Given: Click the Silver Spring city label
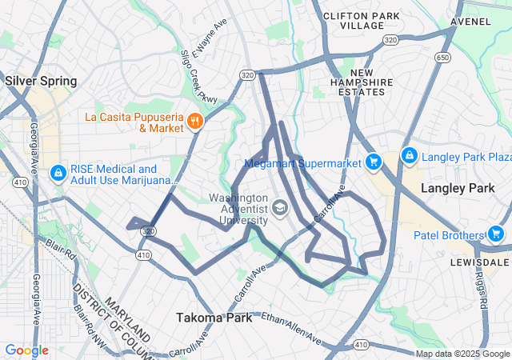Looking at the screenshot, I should (x=41, y=81).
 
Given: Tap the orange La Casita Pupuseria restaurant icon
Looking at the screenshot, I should (x=194, y=122).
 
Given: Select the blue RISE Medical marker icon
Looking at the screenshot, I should (x=58, y=173).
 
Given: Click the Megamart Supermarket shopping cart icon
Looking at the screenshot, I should (x=373, y=162).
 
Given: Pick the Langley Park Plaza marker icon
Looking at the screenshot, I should (x=409, y=154).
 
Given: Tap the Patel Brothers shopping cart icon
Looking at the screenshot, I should (x=496, y=234).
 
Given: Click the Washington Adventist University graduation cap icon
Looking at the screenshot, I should (x=280, y=210).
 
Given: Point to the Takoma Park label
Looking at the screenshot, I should (x=214, y=317).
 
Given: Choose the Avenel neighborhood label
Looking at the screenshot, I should (x=471, y=22).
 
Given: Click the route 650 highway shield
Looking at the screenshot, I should (x=442, y=58).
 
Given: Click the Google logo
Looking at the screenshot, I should (x=26, y=350).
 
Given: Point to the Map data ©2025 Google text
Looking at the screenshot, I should (x=462, y=354).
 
